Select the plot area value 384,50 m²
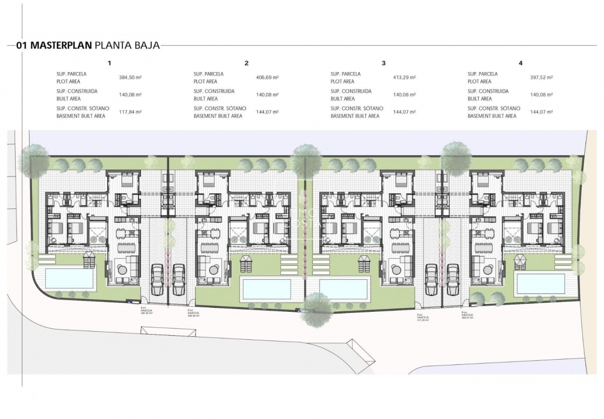[x=130, y=78]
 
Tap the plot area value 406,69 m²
[x=267, y=78]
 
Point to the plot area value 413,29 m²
[x=404, y=78]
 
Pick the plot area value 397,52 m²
[x=541, y=78]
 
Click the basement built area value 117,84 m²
[x=130, y=112]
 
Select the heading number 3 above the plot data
[x=384, y=63]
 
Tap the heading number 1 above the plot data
[x=110, y=63]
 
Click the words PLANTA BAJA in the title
[x=128, y=46]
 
